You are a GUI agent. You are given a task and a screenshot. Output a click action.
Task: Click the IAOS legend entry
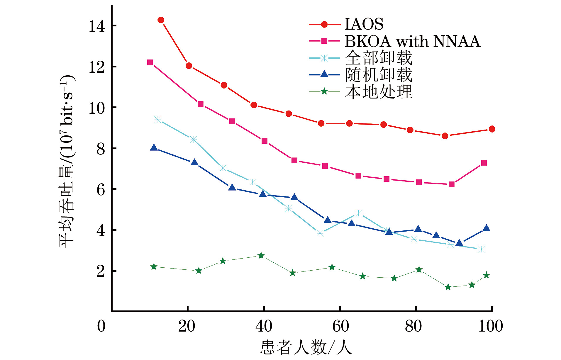tap(364, 24)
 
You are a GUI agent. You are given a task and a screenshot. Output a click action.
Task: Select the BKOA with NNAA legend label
tap(412, 41)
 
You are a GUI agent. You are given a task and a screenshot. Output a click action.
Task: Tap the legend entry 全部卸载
tap(379, 58)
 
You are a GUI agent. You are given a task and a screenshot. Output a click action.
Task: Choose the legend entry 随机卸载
tap(379, 75)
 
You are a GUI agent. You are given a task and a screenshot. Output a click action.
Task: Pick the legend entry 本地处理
tap(379, 92)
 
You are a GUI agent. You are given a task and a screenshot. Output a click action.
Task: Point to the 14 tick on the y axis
tap(97, 26)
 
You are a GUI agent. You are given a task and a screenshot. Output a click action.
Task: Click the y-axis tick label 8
tap(101, 149)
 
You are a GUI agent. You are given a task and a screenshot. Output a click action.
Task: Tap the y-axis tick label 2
tap(101, 271)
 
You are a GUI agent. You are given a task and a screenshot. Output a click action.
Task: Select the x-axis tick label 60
tap(340, 326)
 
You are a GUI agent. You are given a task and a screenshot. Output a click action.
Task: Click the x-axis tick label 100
tap(490, 326)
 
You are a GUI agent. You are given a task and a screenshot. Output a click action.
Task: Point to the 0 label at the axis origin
tap(101, 326)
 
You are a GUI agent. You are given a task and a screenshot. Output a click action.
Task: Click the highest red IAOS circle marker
tap(161, 20)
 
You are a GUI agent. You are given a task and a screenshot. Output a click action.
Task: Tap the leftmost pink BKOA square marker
tap(150, 62)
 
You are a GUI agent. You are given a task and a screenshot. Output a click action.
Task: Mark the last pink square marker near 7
tap(484, 163)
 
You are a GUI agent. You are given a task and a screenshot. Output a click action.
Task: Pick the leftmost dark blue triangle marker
tap(154, 148)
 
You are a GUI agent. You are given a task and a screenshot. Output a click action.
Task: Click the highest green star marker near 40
tap(261, 256)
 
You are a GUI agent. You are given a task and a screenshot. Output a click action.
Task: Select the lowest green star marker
tap(448, 287)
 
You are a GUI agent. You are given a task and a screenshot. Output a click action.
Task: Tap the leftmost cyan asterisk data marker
tap(158, 120)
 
